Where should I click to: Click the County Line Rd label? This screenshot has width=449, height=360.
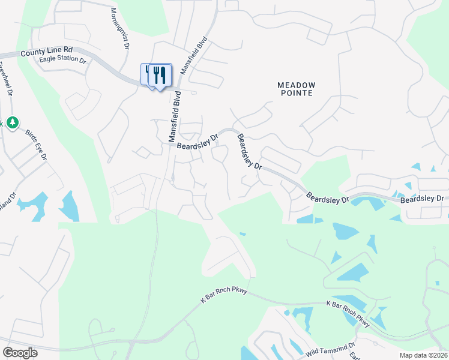[46, 52]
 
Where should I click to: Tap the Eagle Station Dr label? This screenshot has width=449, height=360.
[63, 59]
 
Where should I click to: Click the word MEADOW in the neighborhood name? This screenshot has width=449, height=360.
[296, 85]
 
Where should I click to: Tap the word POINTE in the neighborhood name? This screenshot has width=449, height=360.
[296, 94]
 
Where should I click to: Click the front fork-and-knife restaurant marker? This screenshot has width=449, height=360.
[160, 76]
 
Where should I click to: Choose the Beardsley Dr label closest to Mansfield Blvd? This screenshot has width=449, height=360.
[197, 142]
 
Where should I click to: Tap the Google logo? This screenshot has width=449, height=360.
[20, 352]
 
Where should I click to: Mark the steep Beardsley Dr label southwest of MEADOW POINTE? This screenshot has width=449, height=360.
[249, 151]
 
